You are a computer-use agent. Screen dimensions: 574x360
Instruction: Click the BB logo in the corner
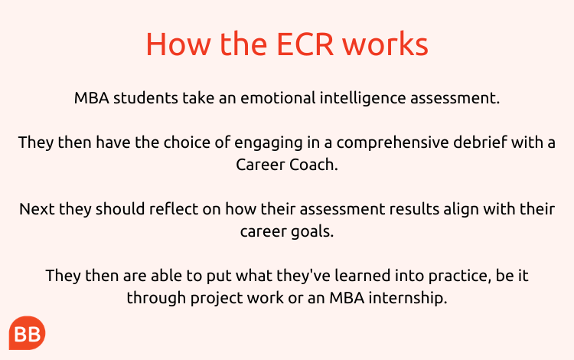[27, 333]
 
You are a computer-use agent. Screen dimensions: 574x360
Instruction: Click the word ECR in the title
[305, 44]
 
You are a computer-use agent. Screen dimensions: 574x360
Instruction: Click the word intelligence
[363, 99]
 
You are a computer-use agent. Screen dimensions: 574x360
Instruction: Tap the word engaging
[269, 143]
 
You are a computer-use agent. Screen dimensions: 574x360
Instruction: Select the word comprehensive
[393, 143]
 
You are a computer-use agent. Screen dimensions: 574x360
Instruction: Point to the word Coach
[314, 165]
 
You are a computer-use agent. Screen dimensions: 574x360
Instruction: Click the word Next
[37, 209]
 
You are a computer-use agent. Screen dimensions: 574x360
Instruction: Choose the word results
[414, 209]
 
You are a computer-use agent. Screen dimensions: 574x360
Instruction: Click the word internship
[408, 299]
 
